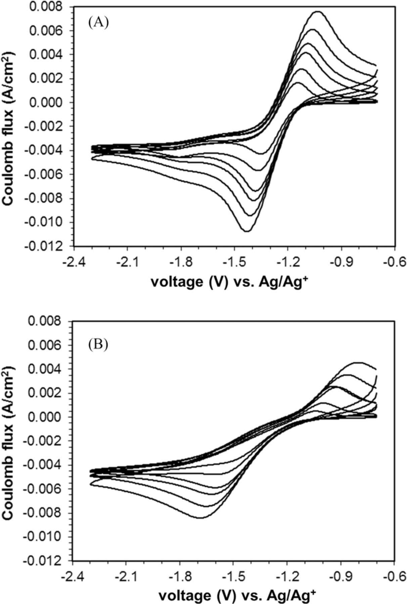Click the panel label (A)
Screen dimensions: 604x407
pyautogui.click(x=98, y=23)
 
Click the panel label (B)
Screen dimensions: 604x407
pyautogui.click(x=98, y=344)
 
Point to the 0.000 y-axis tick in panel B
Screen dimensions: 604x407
pyautogui.click(x=45, y=417)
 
